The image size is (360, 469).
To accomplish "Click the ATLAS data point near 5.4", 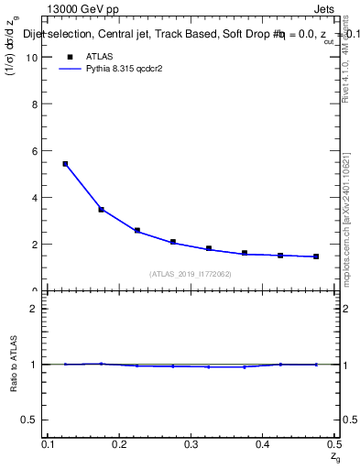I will (x=65, y=164).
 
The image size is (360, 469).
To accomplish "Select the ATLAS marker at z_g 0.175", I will (x=101, y=210).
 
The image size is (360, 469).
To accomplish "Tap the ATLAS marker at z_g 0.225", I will (x=137, y=231).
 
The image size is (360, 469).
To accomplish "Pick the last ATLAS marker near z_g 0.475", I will (x=316, y=256).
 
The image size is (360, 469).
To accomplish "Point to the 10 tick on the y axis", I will (x=38, y=57).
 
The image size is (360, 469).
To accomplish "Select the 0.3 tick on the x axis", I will (x=191, y=443).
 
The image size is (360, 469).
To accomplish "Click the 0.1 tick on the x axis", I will (x=48, y=443).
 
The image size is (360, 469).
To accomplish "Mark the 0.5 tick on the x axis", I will (x=333, y=443).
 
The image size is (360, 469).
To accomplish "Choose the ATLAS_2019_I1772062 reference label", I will (x=190, y=274).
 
